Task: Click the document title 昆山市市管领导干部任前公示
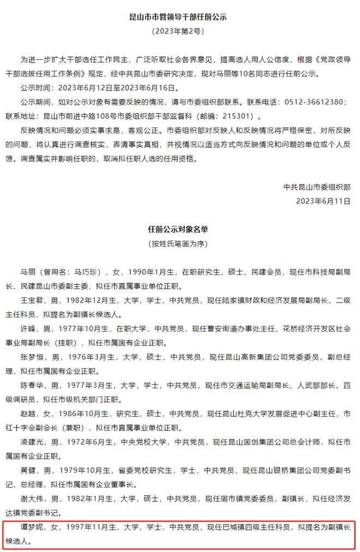point(179,17)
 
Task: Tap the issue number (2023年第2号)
point(179,32)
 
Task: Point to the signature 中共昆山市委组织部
point(317,187)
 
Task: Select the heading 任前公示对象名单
point(179,229)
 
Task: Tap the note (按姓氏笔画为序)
point(179,243)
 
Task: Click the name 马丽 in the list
point(28,272)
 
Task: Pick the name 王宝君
point(32,300)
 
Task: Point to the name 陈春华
point(32,385)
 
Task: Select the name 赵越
point(28,413)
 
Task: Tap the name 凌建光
point(32,442)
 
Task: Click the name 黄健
point(28,470)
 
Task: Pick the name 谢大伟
point(32,499)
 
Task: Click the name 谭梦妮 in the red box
point(32,527)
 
